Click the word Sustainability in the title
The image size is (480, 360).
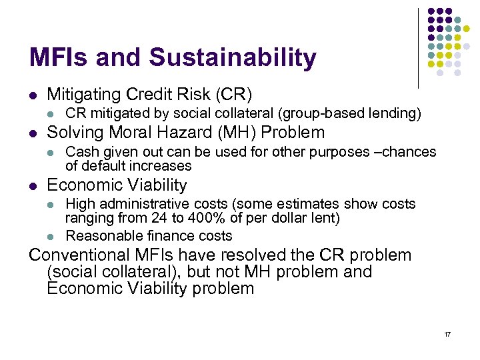point(233,59)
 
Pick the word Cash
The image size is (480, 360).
point(81,151)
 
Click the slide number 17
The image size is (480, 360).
point(447,333)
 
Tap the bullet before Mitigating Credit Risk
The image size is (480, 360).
point(33,95)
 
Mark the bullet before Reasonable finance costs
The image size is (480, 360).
point(52,236)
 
